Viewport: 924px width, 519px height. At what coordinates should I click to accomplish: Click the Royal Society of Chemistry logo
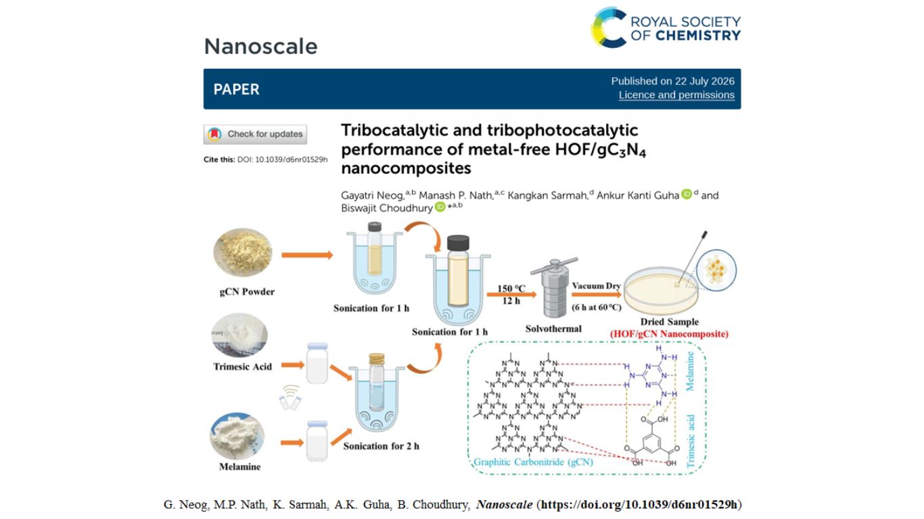click(x=666, y=28)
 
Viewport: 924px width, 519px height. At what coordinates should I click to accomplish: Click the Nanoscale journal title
click(x=260, y=46)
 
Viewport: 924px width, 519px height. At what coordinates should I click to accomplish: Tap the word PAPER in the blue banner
click(x=236, y=89)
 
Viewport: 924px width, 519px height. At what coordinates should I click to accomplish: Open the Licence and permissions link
click(x=676, y=95)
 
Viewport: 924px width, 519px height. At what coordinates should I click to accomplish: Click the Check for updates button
click(x=255, y=134)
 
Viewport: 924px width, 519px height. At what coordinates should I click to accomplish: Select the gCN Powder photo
click(x=243, y=252)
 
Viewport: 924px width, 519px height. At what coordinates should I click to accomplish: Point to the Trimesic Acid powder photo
click(x=239, y=335)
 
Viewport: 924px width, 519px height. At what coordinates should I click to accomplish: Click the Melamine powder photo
click(x=237, y=436)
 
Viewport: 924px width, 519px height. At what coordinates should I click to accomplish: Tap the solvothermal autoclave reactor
click(x=554, y=288)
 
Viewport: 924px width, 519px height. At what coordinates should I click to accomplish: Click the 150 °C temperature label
click(x=511, y=288)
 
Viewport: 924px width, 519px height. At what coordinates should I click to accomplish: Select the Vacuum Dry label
click(x=596, y=286)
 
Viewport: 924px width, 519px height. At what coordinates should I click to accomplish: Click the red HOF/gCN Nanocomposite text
click(x=669, y=334)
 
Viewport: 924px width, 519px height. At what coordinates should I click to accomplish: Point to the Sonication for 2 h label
click(x=381, y=446)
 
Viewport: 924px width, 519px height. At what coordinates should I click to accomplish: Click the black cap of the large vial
click(x=458, y=243)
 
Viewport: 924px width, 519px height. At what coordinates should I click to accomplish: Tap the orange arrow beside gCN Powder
click(x=307, y=255)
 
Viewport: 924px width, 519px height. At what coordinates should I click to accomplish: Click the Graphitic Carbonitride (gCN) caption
click(x=533, y=462)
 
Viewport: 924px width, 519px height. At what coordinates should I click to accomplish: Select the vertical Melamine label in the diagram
click(x=690, y=371)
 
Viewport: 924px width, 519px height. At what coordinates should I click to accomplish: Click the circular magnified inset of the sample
click(x=716, y=270)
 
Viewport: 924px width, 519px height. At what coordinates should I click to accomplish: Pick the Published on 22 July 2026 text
click(x=673, y=81)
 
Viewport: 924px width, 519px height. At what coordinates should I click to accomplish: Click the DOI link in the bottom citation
click(x=639, y=505)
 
